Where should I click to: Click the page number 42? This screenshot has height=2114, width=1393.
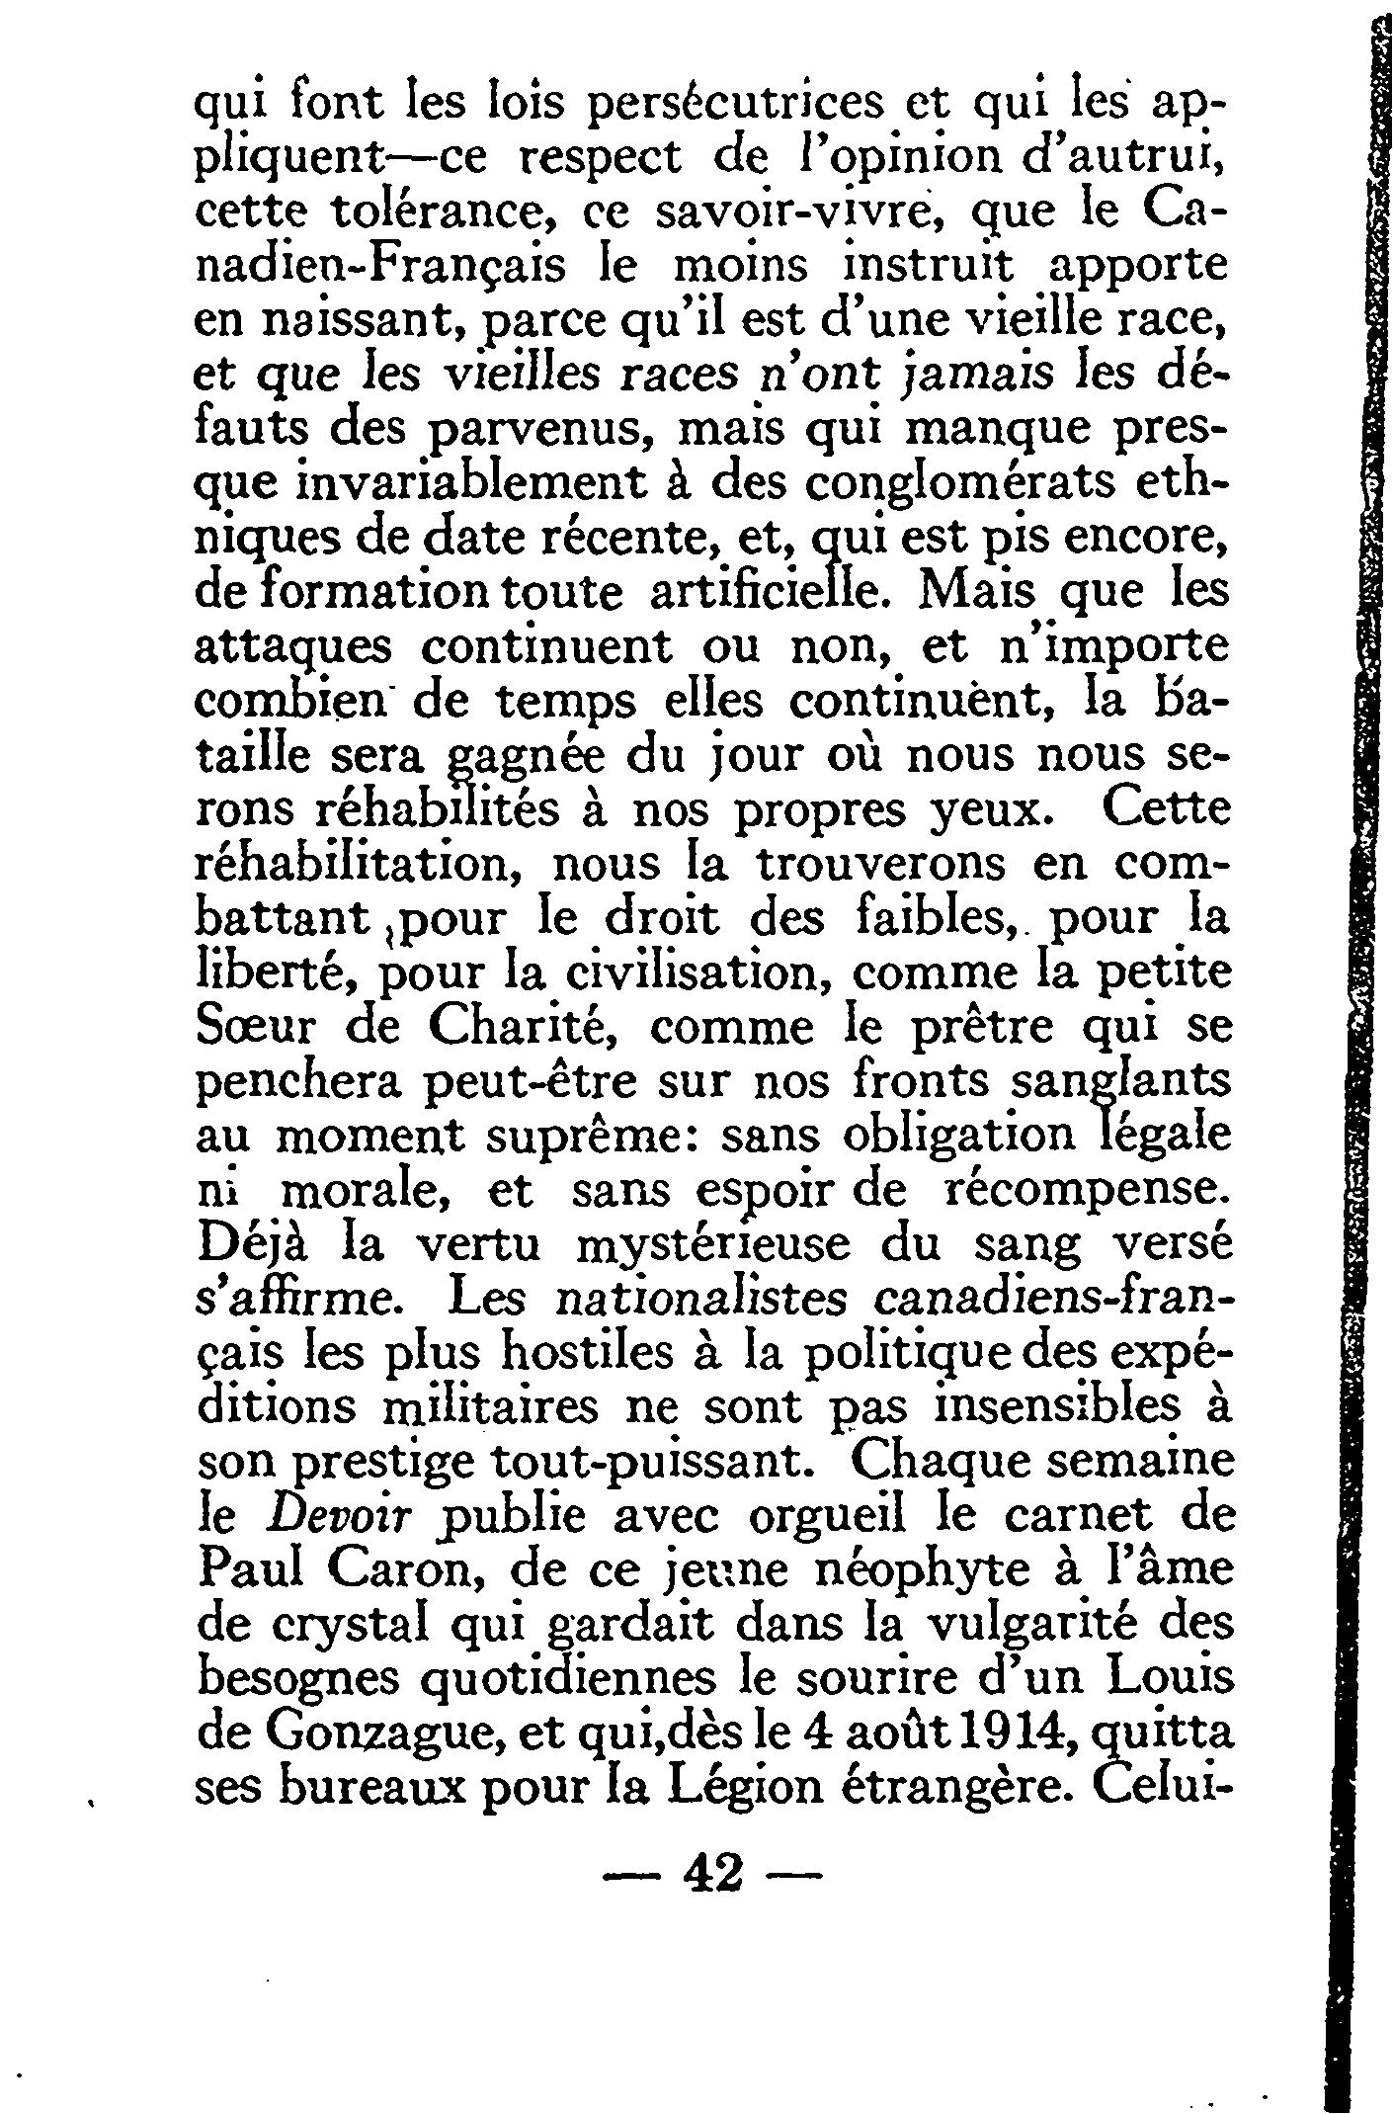(x=711, y=1871)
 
